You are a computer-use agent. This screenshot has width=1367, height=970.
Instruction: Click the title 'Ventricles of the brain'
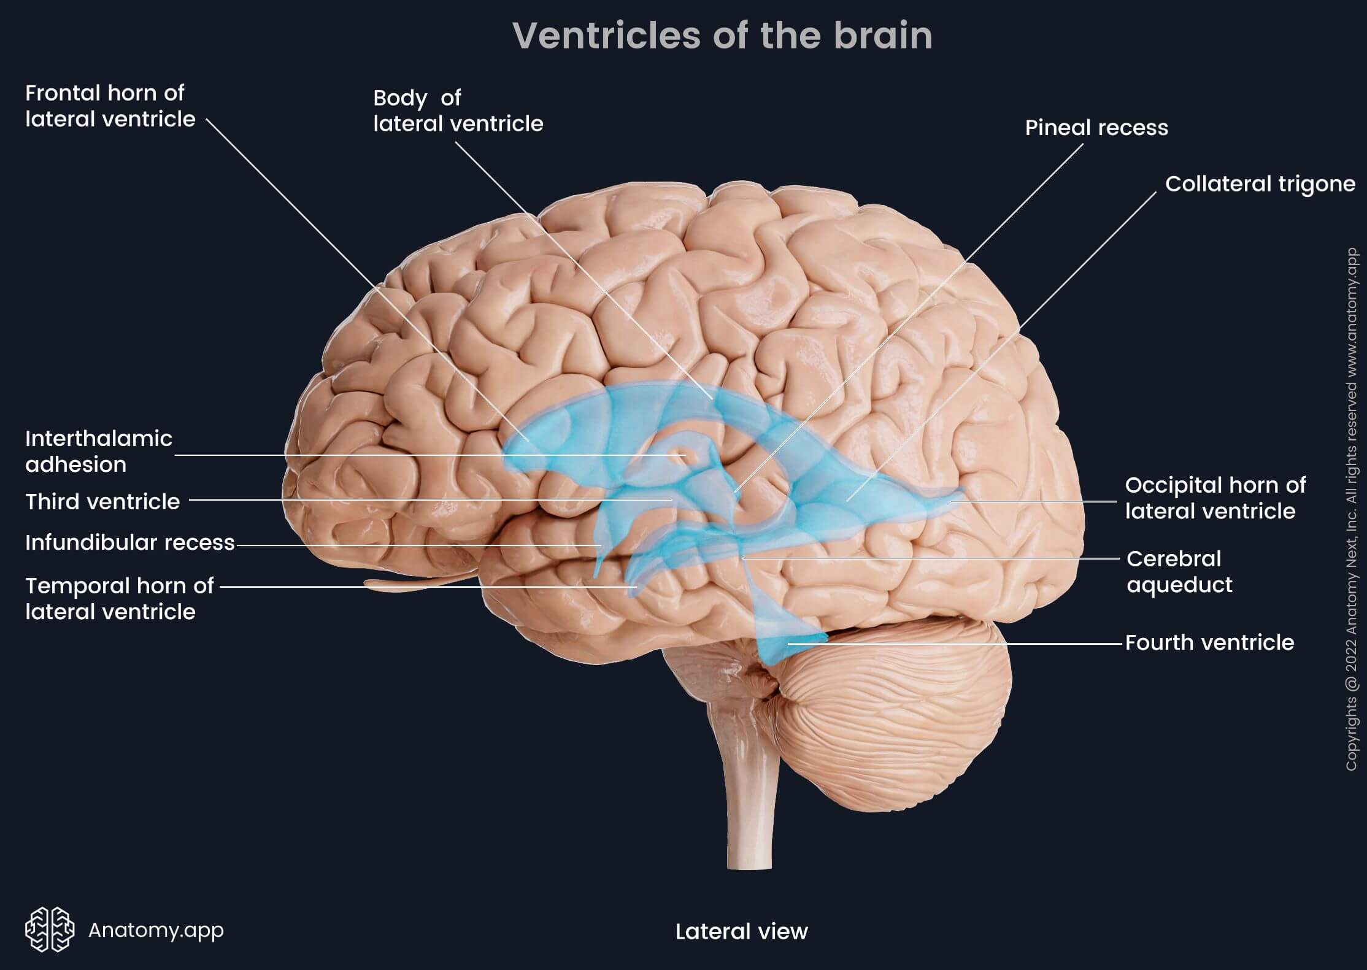tap(722, 36)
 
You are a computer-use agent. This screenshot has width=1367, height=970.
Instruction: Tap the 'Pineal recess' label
tap(1096, 128)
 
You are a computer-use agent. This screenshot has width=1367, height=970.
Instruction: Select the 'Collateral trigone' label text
tap(1260, 184)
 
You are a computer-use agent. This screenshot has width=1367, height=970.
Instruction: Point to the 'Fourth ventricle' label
tap(1209, 642)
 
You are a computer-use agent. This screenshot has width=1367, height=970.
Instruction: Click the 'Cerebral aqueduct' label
tap(1179, 572)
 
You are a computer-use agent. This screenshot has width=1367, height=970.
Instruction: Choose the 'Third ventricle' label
tap(102, 501)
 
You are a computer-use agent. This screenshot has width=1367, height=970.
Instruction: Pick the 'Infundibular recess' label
tap(130, 542)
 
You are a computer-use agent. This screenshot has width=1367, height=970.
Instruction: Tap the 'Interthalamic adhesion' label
tap(99, 452)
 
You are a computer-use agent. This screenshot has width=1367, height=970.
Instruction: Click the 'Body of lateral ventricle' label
tap(458, 111)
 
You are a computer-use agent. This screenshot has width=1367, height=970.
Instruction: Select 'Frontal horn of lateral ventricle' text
tap(110, 106)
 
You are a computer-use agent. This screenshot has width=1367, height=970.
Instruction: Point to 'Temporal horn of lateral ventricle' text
tap(119, 599)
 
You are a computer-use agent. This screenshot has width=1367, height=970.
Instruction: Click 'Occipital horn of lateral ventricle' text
tap(1215, 498)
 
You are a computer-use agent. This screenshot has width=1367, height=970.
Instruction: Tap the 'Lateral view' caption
tap(741, 931)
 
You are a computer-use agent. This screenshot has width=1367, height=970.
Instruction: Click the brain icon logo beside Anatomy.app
tap(50, 930)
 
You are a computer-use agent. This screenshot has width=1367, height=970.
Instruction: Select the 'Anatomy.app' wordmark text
tap(156, 930)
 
